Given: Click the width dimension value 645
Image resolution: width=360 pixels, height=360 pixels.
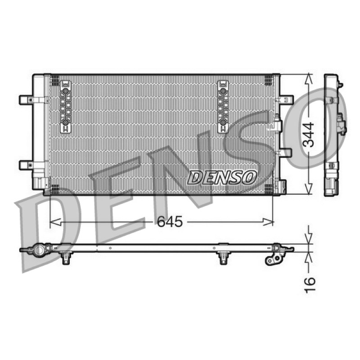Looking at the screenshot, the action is pyautogui.click(x=170, y=221).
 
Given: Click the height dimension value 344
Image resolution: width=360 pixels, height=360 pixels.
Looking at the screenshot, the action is pyautogui.click(x=308, y=135).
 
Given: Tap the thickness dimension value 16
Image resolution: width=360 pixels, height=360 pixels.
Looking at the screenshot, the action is pyautogui.click(x=310, y=285).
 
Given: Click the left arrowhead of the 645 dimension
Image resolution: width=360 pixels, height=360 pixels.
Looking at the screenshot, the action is pyautogui.click(x=55, y=222).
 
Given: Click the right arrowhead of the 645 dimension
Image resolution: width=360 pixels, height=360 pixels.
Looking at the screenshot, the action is pyautogui.click(x=268, y=222).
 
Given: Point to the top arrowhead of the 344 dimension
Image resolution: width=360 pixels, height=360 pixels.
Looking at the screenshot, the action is pyautogui.click(x=309, y=79).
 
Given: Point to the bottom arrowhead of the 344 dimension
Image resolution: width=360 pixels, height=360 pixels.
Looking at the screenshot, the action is pyautogui.click(x=309, y=189).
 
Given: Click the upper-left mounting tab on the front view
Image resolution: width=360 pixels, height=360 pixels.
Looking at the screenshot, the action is pyautogui.click(x=26, y=100).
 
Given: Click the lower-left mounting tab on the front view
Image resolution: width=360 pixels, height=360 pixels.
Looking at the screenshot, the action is pyautogui.click(x=26, y=165).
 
